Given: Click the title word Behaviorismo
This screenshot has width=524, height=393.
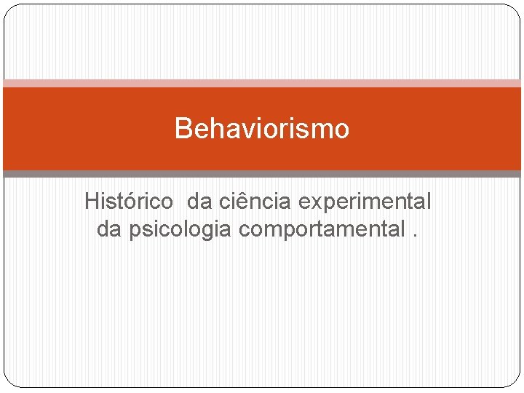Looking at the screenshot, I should tap(262, 129).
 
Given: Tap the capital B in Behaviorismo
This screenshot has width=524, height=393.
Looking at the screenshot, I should tap(183, 129).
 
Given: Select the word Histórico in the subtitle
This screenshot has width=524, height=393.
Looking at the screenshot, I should tap(129, 201).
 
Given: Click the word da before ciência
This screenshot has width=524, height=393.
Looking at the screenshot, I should tap(200, 201).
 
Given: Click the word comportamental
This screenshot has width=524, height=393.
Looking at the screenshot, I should tap(321, 230).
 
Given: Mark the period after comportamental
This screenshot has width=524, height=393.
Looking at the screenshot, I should tap(416, 235).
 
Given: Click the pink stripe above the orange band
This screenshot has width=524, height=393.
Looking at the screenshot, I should tap(262, 84).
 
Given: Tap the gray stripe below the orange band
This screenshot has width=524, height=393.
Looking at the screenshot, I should tap(262, 174).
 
